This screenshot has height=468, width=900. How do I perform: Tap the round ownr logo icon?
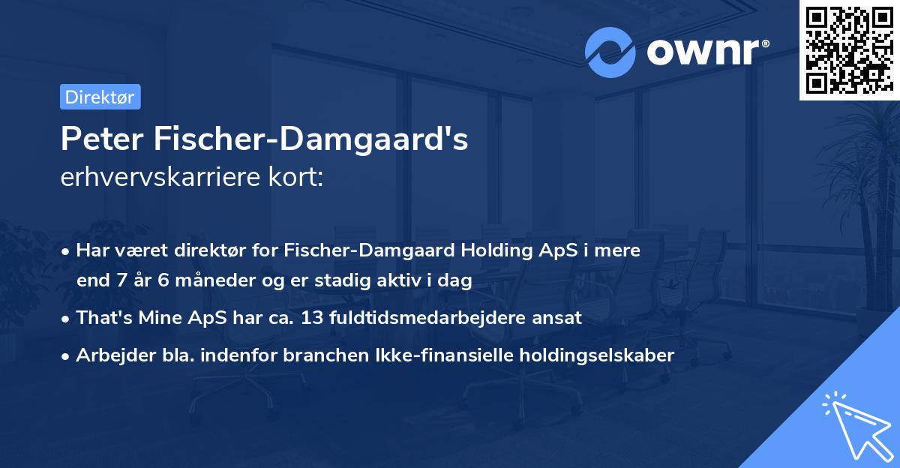coord(610,52)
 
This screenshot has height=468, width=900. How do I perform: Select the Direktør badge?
coord(100,97)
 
